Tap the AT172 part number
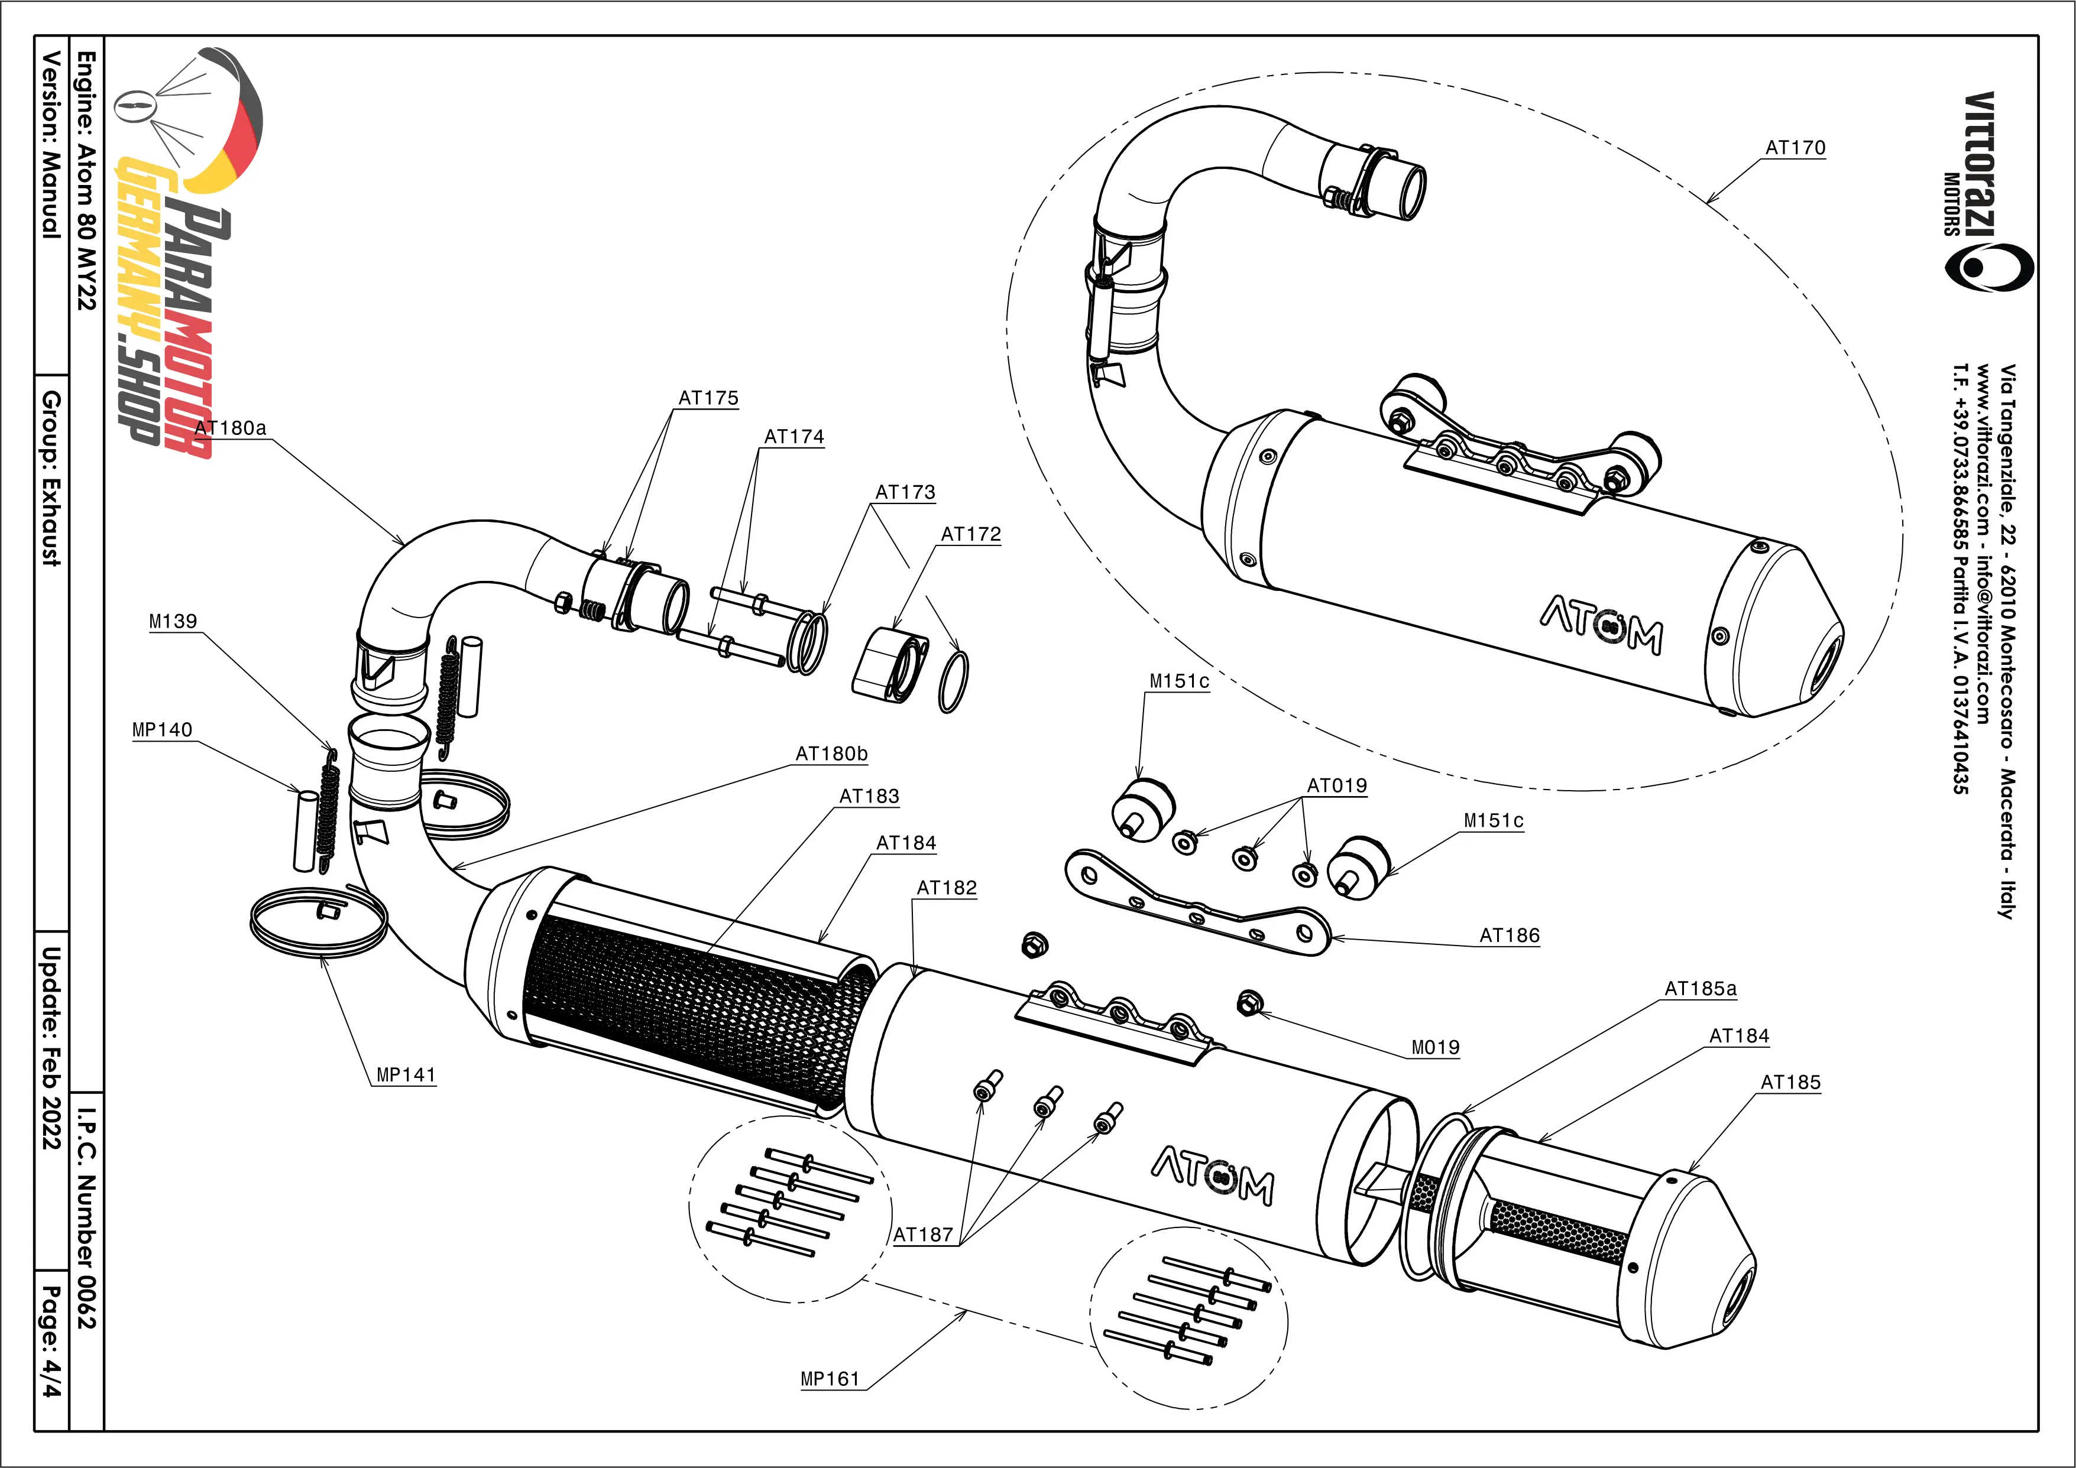pyautogui.click(x=971, y=534)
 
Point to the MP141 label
pyautogui.click(x=406, y=1075)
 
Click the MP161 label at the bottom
pyautogui.click(x=830, y=1379)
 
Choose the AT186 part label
pyautogui.click(x=1509, y=936)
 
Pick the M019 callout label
pyautogui.click(x=1436, y=1048)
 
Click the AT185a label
pyautogui.click(x=1700, y=989)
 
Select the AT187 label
pyautogui.click(x=923, y=1235)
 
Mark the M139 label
pyautogui.click(x=173, y=622)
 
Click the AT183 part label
pyautogui.click(x=869, y=797)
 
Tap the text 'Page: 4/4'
pyautogui.click(x=53, y=1342)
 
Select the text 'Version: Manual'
pyautogui.click(x=53, y=145)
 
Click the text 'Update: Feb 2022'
pyautogui.click(x=53, y=1048)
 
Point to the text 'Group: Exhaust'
pyautogui.click(x=53, y=479)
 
